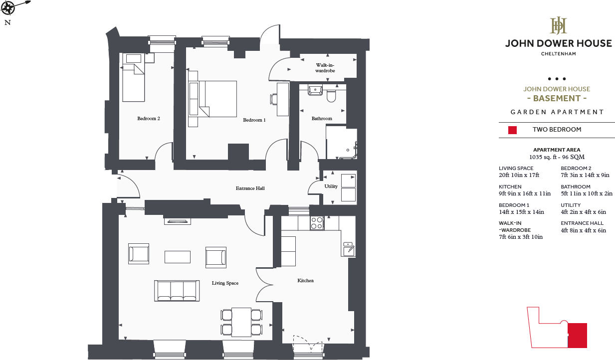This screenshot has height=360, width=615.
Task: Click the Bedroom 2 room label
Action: [x=149, y=119]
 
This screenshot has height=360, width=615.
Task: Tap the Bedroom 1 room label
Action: [x=254, y=120]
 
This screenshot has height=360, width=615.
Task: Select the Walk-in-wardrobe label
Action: [x=325, y=68]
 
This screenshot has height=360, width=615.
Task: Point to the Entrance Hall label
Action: [x=250, y=188]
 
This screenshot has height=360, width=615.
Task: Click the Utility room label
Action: [x=331, y=186]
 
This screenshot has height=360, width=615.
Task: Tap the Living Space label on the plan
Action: [x=225, y=283]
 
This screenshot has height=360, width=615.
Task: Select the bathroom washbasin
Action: [x=315, y=91]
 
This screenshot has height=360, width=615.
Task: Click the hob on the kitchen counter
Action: [x=317, y=223]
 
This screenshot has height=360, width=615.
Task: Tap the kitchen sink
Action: [x=348, y=248]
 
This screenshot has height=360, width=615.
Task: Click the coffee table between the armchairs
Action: [x=177, y=256]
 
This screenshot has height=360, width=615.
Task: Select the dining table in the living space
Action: [x=241, y=322]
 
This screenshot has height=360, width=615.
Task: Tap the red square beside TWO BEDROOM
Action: [x=512, y=130]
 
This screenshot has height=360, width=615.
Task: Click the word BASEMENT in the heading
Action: [x=556, y=99]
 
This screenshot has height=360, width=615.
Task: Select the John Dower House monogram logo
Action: [x=558, y=25]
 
